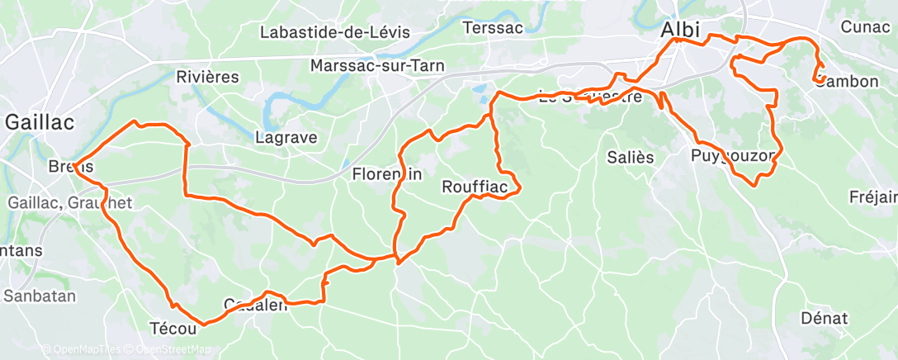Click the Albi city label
681,30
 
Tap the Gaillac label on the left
40,122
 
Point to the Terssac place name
493,27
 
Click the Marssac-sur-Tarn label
377,65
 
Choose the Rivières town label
207,78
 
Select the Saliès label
630,157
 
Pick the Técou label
172,329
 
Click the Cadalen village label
255,306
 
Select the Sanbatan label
40,296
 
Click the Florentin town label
387,174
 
